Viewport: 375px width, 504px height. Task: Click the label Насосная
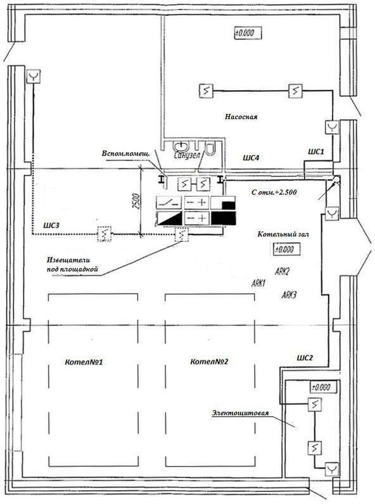click(x=241, y=117)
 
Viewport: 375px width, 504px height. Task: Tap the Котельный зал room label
click(x=283, y=234)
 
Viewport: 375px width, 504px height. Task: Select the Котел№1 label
click(x=84, y=362)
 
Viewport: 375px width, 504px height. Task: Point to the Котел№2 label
click(x=209, y=361)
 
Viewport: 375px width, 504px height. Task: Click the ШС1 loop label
click(x=315, y=152)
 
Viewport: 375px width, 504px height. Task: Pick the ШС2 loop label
click(x=305, y=358)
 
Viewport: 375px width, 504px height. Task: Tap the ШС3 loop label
click(x=51, y=225)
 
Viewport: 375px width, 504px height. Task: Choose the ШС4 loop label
click(x=251, y=157)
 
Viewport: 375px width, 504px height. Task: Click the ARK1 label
click(x=258, y=283)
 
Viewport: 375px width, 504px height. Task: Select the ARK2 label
click(x=283, y=271)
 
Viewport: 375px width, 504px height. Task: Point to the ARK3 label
click(x=289, y=294)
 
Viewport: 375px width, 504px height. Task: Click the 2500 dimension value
click(x=136, y=202)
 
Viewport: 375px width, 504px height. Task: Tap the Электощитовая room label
click(x=240, y=413)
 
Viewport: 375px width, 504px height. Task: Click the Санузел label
click(x=187, y=155)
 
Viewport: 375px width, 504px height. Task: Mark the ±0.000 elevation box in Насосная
click(x=248, y=33)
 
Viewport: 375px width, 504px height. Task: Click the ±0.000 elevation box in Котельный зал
click(x=287, y=249)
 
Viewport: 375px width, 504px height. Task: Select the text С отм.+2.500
click(x=274, y=192)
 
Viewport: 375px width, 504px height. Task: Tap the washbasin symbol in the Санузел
click(x=181, y=146)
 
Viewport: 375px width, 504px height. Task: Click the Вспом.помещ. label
click(x=125, y=153)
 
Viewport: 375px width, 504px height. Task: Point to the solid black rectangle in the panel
click(x=223, y=218)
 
